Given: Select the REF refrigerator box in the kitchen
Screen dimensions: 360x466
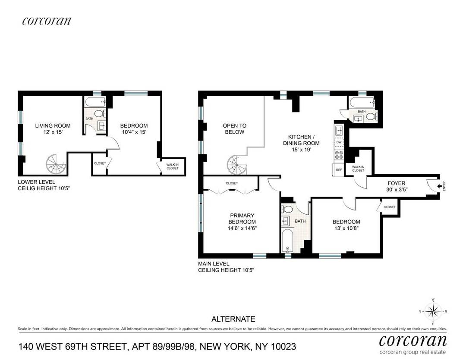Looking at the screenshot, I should pos(339,169).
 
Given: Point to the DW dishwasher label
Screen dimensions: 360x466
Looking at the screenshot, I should pos(339,142).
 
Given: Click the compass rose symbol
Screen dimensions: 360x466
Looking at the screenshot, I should pos(433,311).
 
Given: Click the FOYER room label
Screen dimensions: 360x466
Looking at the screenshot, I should pos(397,183).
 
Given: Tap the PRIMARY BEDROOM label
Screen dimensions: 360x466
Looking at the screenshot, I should pos(242,219).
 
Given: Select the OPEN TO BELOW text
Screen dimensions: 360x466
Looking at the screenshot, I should pos(234,129).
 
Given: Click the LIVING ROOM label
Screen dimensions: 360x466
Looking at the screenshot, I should pos(53,126).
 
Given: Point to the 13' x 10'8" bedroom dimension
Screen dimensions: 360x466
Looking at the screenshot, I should pos(346,229).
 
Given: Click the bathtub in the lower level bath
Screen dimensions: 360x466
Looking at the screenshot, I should pos(94,103).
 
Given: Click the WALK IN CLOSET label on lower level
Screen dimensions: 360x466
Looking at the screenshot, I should pos(172,166).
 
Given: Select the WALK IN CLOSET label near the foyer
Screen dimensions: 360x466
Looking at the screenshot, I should pos(358,168).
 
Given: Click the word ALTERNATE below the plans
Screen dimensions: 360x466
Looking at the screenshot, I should pos(233,319).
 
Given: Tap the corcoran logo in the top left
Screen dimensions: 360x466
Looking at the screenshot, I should pos(46,21).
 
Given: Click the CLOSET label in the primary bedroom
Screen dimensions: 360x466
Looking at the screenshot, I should pos(231,183).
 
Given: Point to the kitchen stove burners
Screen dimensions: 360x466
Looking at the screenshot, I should pos(339,155).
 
